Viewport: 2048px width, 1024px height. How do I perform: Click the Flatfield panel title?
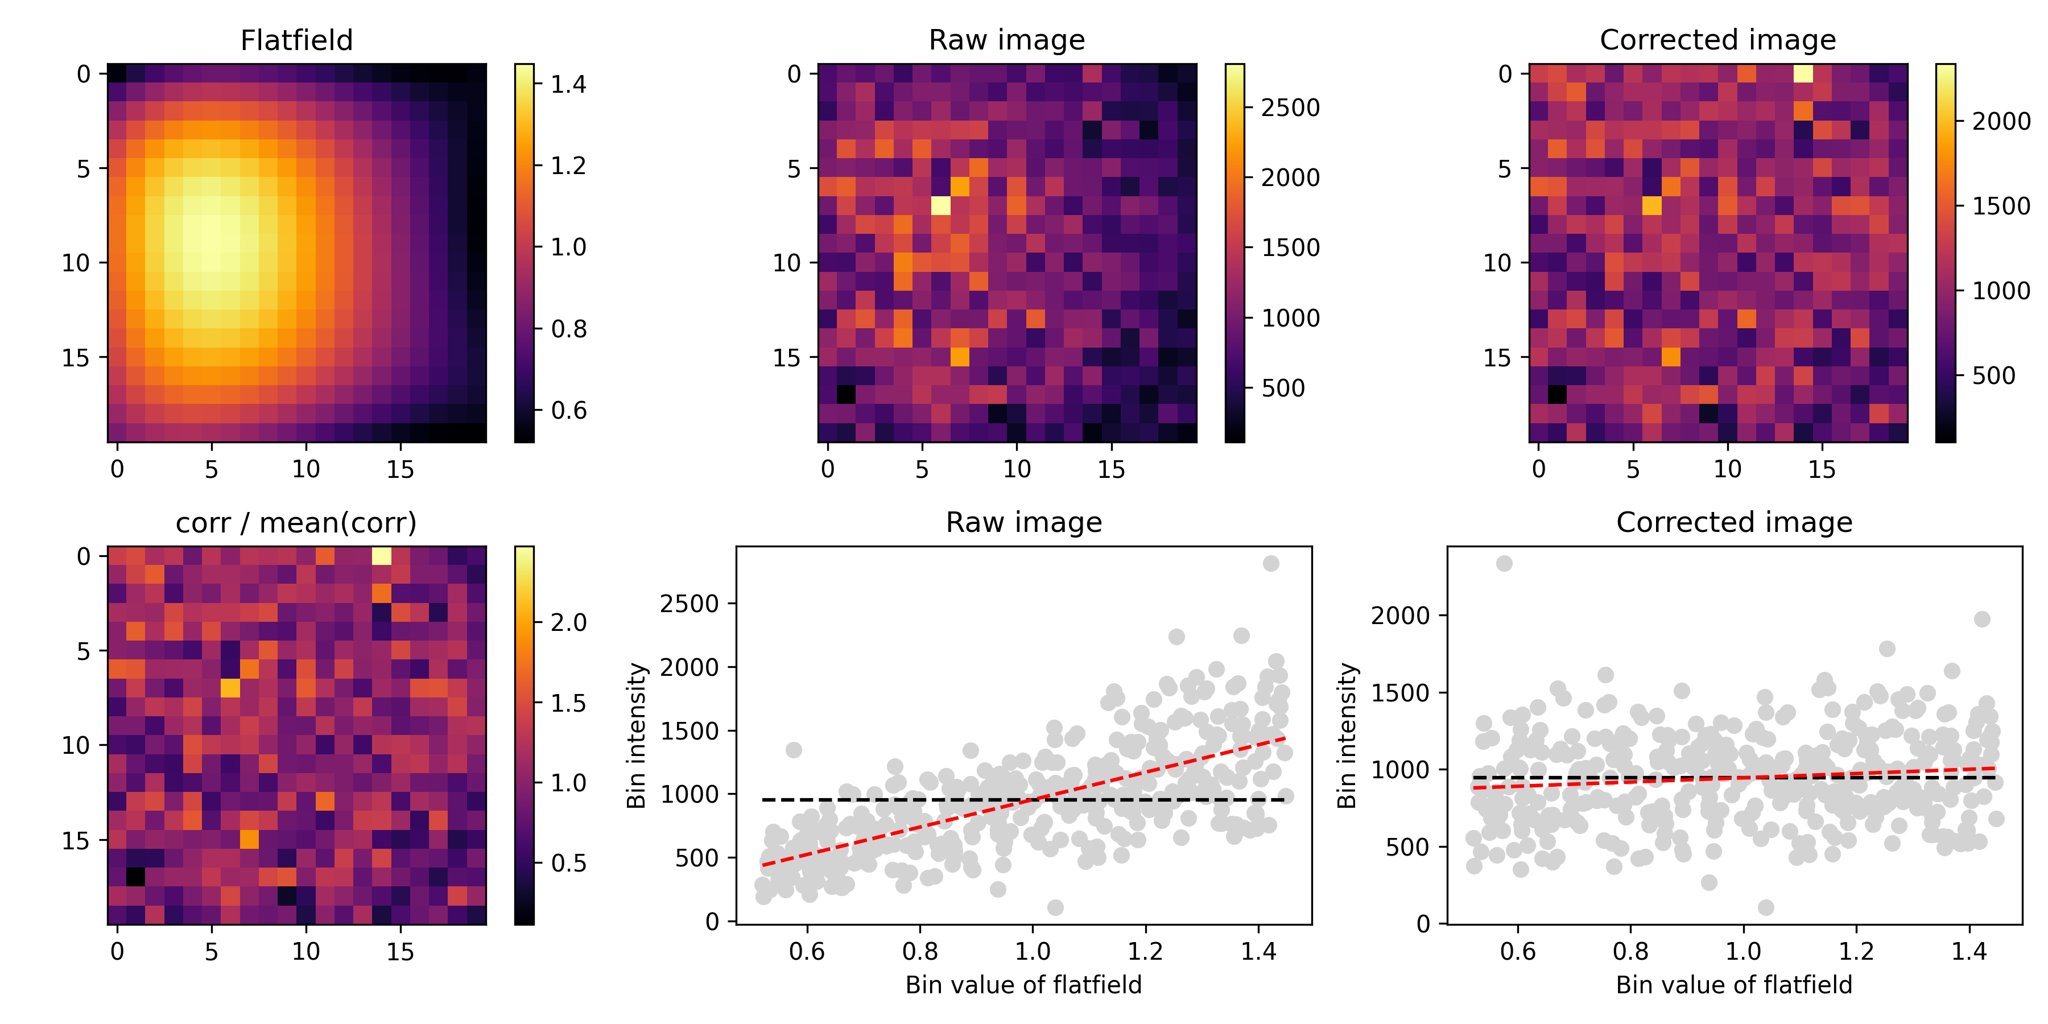(x=296, y=40)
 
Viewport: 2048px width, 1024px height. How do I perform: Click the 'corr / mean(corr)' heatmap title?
(x=296, y=522)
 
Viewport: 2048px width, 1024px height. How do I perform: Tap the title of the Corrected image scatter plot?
(x=1734, y=522)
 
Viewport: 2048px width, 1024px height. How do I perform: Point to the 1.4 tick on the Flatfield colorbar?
(x=568, y=84)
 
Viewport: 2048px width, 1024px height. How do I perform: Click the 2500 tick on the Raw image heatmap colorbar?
(x=1290, y=108)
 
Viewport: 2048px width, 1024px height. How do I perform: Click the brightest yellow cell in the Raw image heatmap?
(x=940, y=205)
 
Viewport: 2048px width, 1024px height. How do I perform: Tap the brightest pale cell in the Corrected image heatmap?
(x=1803, y=73)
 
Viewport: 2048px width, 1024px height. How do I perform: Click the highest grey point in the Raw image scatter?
(x=1270, y=563)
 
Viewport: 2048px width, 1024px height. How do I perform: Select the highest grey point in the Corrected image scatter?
(x=1504, y=563)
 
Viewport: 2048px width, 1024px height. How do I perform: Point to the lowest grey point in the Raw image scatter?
(x=1055, y=907)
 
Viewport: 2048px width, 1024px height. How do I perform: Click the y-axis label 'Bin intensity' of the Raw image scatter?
(x=635, y=736)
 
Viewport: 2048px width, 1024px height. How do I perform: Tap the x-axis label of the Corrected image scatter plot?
(x=1734, y=985)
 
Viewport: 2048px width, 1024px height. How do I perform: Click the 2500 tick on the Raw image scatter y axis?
(x=689, y=604)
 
